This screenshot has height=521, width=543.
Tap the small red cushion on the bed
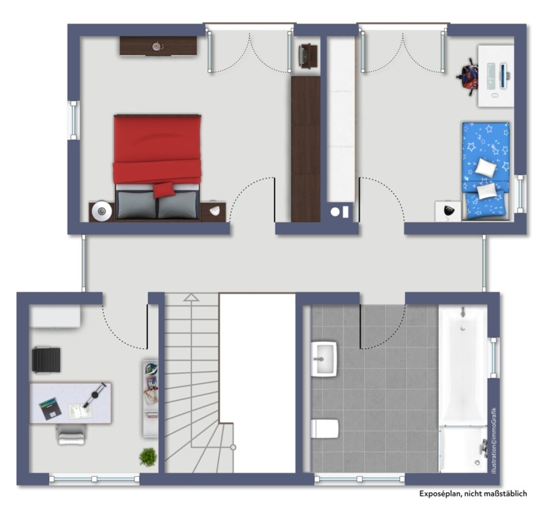click(164, 190)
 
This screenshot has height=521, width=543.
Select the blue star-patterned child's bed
click(486, 171)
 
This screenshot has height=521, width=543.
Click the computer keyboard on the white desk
click(491, 76)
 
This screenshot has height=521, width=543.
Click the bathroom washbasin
click(324, 359)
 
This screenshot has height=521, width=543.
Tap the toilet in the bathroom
click(325, 429)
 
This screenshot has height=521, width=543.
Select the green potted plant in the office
click(148, 457)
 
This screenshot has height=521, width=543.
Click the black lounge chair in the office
click(46, 360)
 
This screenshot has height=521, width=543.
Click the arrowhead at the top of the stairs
click(191, 298)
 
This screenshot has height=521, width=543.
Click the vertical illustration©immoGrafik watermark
click(494, 441)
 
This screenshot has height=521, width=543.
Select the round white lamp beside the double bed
click(102, 211)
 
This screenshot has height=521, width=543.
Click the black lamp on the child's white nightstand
click(448, 211)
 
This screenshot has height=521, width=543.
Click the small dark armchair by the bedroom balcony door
click(308, 55)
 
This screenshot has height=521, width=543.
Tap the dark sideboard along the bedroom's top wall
click(159, 46)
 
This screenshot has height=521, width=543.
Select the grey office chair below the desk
click(72, 435)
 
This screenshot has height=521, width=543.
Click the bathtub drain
click(463, 328)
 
